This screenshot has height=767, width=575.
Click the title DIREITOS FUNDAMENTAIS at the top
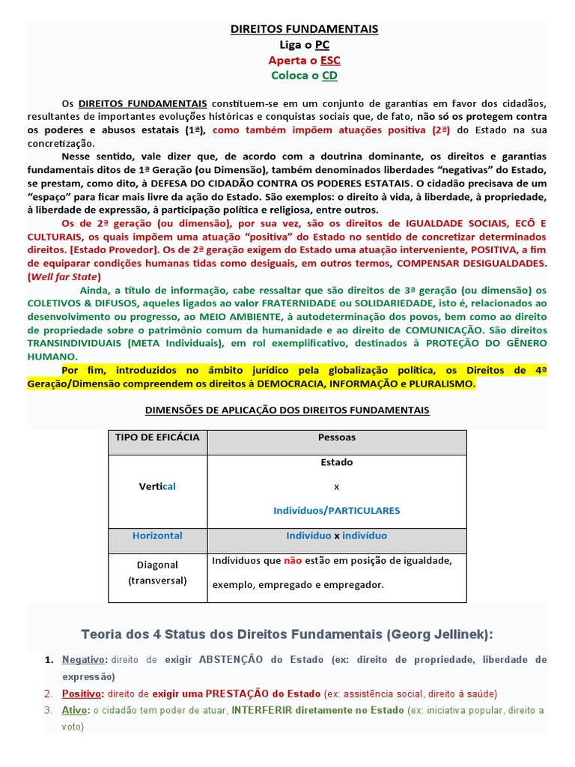point(304,29)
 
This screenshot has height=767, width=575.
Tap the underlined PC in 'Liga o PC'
point(322,45)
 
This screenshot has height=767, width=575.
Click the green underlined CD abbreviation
point(329,76)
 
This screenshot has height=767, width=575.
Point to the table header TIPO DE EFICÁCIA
point(157,437)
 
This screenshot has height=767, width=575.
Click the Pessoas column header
point(336,437)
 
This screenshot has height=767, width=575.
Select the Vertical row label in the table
point(157,486)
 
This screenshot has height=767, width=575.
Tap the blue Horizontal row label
point(157,536)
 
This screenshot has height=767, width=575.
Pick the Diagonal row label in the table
point(157,565)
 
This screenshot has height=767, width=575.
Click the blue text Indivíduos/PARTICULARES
point(336,510)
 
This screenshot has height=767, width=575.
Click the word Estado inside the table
point(336,462)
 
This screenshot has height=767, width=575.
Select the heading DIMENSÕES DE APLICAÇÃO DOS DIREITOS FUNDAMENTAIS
point(286,410)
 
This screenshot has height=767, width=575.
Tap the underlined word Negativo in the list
point(85,660)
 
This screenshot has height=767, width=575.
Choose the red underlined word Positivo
point(81,694)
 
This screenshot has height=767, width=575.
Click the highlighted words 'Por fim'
point(79,369)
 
